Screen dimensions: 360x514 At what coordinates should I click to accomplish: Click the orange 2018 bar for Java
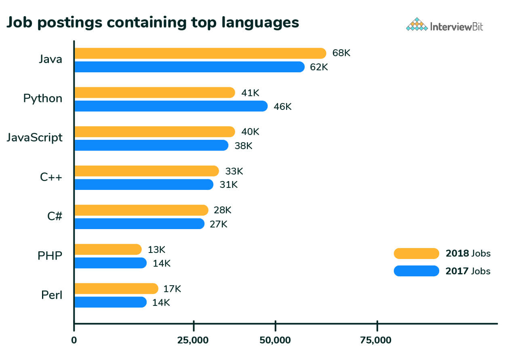(x=200, y=53)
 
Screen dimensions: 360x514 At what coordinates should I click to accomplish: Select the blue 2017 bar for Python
(x=171, y=106)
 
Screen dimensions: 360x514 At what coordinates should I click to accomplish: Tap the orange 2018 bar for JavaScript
(x=155, y=132)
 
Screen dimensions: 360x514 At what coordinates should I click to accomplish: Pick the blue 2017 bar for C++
(x=144, y=185)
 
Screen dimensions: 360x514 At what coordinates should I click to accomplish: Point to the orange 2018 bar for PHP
(x=108, y=249)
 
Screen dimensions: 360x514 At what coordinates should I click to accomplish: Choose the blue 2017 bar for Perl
(x=110, y=302)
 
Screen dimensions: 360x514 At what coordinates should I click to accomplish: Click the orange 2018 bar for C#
(x=141, y=210)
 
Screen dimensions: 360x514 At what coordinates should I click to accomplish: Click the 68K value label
(x=341, y=53)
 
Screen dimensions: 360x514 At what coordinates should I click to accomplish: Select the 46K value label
(x=282, y=107)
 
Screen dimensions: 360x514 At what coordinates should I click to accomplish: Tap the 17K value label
(x=172, y=289)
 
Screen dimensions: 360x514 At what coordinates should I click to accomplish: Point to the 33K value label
(x=234, y=171)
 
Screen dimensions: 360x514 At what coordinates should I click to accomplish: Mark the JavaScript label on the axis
(x=35, y=137)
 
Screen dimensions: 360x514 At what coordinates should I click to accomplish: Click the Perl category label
(x=52, y=295)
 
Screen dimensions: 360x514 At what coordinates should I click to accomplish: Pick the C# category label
(x=55, y=216)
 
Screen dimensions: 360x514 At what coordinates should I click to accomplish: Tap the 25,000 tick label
(x=193, y=340)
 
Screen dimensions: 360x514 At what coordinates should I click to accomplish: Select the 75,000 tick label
(x=376, y=340)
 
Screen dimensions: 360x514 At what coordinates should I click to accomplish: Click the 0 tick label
(x=74, y=340)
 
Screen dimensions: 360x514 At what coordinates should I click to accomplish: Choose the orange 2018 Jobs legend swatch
(x=416, y=254)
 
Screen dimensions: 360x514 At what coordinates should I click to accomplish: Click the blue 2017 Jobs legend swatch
(x=416, y=271)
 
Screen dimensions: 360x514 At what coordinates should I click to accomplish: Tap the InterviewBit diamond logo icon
(x=417, y=25)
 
